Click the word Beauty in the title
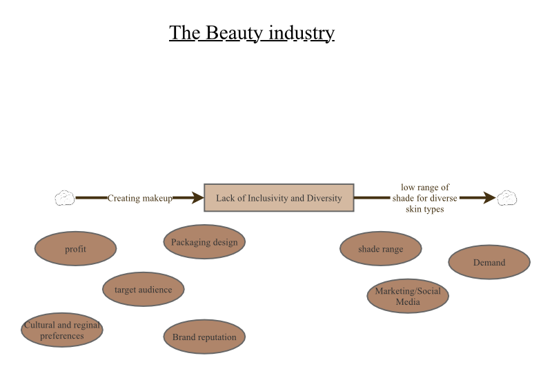coord(234,33)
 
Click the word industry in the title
coord(302,33)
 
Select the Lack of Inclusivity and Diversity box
coord(279,198)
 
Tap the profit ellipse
coord(75,248)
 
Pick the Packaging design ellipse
coord(204,241)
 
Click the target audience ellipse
coord(144,289)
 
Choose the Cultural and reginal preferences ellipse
coord(62,330)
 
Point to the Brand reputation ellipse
coord(204,337)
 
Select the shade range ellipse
coord(381,248)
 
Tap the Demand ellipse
coord(489,262)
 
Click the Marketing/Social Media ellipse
coord(408,296)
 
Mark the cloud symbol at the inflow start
coord(65,198)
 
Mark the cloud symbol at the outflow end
coord(507,198)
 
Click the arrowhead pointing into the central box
coord(197,198)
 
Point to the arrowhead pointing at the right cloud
coord(490,198)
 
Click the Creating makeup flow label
coord(140,198)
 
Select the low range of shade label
coord(424,198)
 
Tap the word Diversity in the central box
coord(324,198)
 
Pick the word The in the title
coord(184,33)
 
